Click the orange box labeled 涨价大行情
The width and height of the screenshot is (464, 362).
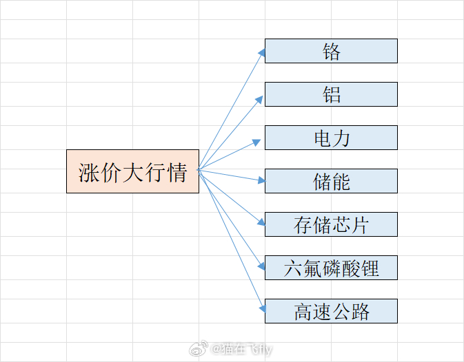tap(132, 171)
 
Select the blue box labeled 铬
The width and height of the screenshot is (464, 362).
tap(331, 51)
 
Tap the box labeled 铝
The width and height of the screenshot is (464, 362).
tap(331, 94)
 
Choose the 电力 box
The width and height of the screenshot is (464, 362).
tap(331, 138)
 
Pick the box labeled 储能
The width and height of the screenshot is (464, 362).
tap(331, 181)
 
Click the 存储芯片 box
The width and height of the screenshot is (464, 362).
tap(331, 224)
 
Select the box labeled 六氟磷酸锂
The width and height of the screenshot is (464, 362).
tap(331, 268)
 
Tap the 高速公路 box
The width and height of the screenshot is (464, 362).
tap(331, 311)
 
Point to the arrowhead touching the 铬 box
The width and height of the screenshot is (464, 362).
tap(261, 52)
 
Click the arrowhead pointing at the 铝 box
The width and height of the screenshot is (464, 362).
tap(259, 100)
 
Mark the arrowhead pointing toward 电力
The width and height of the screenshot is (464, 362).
tap(256, 142)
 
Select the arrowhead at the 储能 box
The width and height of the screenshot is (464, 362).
tap(261, 180)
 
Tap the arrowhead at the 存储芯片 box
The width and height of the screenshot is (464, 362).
tap(261, 222)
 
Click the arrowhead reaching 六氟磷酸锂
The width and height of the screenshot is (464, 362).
tap(261, 266)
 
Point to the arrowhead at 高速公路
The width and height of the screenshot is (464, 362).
tap(263, 309)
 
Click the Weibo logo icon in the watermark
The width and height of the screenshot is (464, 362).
tap(199, 348)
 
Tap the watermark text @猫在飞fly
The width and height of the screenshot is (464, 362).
tap(241, 350)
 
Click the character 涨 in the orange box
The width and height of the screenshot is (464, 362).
tap(89, 172)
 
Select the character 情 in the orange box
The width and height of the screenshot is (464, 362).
tap(176, 172)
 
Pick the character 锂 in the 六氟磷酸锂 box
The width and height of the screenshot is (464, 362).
tap(370, 268)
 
